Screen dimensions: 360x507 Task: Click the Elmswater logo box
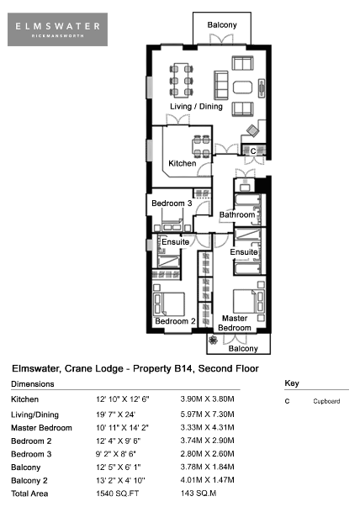coord(57,29)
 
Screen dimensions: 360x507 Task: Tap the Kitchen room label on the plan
coord(183,163)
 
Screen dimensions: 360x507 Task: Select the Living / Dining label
coord(196,107)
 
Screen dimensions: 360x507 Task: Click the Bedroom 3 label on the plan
coord(172,203)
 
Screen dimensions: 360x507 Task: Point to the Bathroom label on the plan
coord(237,214)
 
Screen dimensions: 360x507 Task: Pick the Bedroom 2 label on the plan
coord(175,321)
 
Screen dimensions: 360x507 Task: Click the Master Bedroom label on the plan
coord(235,323)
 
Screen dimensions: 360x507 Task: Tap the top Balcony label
coord(222,25)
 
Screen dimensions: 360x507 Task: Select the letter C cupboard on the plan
coord(253,151)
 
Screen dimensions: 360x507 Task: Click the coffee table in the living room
coord(242,87)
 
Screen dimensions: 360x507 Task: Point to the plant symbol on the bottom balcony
coord(213,341)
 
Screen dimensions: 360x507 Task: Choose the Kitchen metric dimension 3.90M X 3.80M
coord(207,399)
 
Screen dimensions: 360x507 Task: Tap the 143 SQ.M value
coord(199,493)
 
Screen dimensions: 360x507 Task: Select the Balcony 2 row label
coord(29,480)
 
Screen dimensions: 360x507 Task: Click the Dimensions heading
coord(33,384)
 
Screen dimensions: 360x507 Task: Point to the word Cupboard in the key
coord(326,401)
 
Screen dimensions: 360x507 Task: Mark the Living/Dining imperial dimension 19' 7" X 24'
coord(115,415)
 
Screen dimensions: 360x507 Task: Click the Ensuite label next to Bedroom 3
coord(175,242)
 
